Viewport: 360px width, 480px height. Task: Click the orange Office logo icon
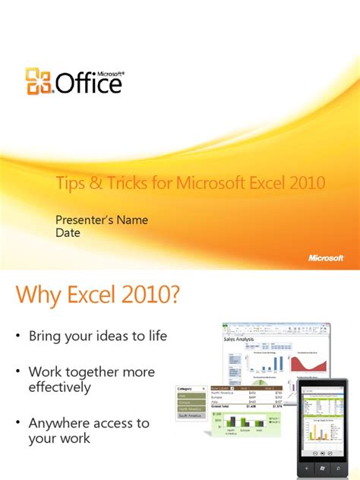point(37,81)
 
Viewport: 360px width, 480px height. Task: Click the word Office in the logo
point(87,82)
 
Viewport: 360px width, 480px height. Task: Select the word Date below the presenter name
point(68,233)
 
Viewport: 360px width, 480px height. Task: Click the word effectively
point(60,387)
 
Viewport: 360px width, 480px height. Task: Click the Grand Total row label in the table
point(223,407)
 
